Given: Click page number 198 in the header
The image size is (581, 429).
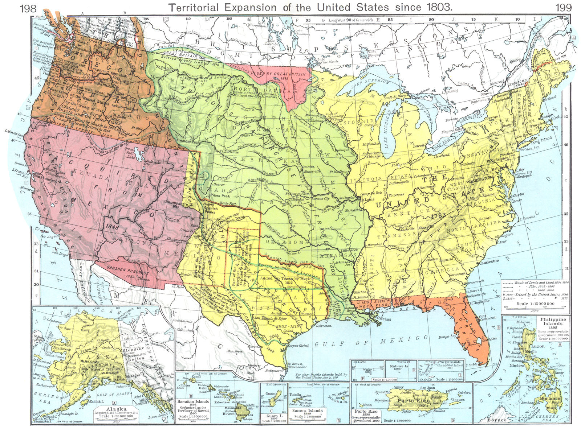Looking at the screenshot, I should coord(28,8).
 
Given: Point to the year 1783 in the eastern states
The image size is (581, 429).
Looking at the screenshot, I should coord(439,216).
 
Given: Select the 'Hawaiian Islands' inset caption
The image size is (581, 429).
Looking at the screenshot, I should coord(192,402).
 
